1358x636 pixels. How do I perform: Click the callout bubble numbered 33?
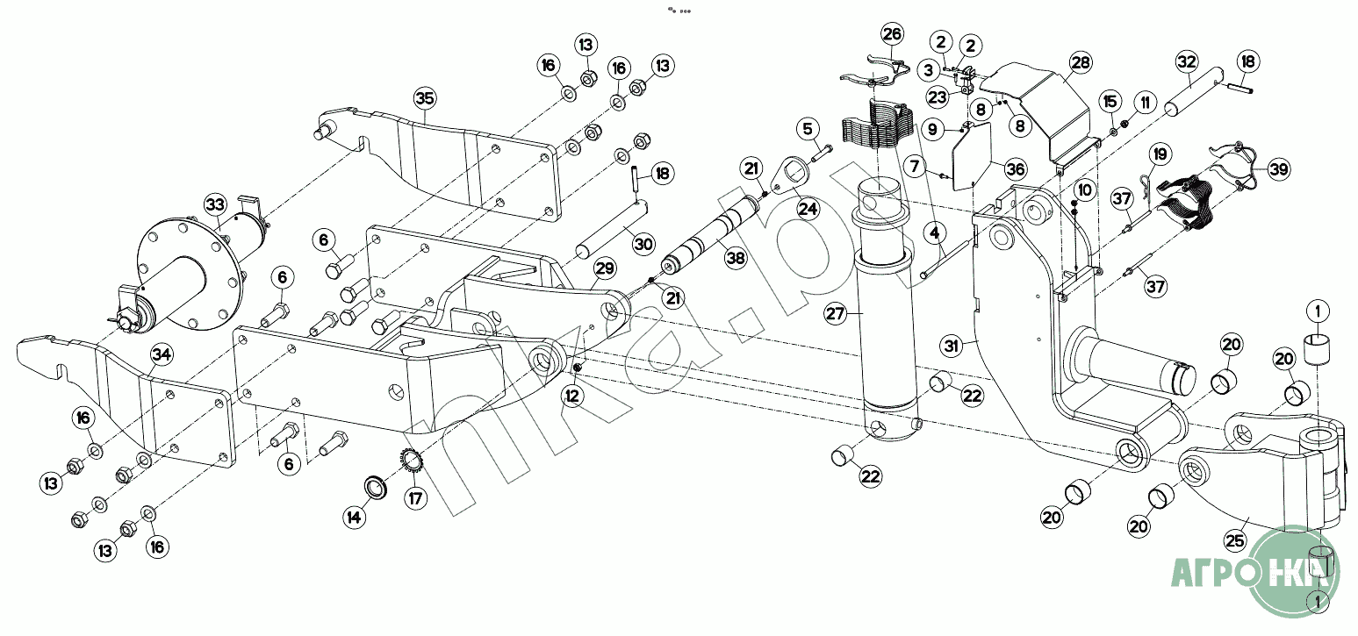(x=215, y=204)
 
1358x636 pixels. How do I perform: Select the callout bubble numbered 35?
(x=425, y=98)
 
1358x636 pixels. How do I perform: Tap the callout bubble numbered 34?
(x=162, y=355)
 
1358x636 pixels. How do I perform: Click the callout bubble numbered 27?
(x=836, y=313)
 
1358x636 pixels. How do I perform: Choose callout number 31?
(x=952, y=346)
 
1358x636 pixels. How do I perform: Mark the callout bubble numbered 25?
(x=1235, y=540)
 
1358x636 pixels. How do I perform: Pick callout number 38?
(x=736, y=259)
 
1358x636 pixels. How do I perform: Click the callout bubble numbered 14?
(x=354, y=517)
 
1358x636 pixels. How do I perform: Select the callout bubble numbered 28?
(x=1081, y=61)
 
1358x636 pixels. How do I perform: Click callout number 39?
(x=1279, y=169)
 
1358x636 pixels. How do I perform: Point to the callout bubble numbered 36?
(x=1016, y=169)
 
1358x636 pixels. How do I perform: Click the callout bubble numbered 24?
(x=808, y=209)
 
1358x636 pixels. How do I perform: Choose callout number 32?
(x=1187, y=61)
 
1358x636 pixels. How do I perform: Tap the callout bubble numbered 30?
(x=643, y=244)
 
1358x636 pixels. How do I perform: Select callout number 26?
(x=892, y=34)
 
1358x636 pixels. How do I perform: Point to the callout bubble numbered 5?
(x=808, y=129)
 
